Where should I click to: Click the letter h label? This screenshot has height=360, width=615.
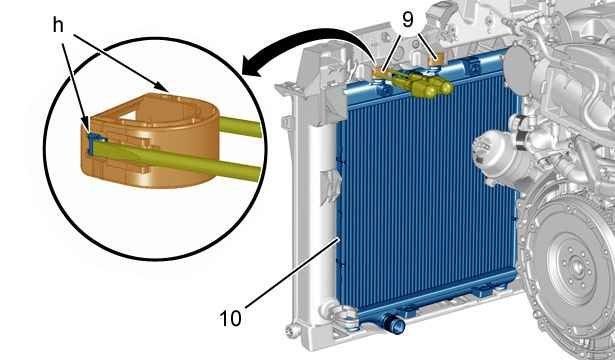[x=58, y=26]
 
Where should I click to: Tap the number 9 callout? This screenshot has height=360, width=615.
[x=408, y=20]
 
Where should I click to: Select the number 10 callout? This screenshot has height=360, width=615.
[x=230, y=318]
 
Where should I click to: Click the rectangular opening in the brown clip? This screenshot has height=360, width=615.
[x=128, y=115]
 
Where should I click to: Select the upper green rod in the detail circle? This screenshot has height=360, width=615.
[x=240, y=127]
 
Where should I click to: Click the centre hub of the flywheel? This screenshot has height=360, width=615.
[x=578, y=267]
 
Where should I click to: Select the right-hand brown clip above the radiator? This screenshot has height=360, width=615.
[x=435, y=60]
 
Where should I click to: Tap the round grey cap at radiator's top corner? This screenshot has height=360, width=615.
[x=519, y=71]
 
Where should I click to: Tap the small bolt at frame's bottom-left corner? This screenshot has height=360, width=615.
[x=290, y=330]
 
